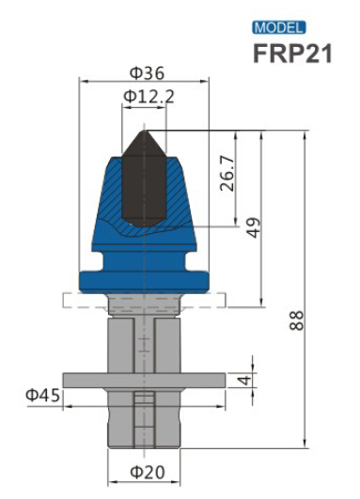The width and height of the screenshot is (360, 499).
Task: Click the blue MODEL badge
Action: tap(279, 27)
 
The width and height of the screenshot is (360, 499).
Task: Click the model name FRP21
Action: tap(292, 53)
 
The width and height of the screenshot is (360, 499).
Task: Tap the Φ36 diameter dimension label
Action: tap(144, 72)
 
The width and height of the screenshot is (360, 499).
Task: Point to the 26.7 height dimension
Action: tap(227, 174)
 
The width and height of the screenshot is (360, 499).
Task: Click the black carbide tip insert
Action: tap(143, 183)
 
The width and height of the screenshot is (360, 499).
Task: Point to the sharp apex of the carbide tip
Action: tap(143, 128)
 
